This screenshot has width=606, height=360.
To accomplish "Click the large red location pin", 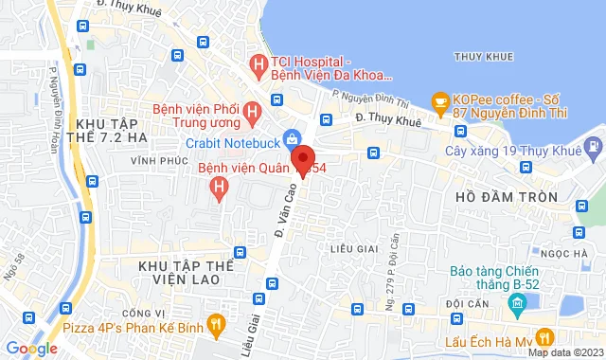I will pos(302,159).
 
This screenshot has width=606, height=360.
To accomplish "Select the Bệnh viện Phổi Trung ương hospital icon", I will pos(252,113).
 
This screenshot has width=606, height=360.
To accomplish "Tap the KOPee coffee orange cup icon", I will pos(438,100).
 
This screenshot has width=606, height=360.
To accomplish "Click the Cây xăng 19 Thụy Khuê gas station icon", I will pos(594,148).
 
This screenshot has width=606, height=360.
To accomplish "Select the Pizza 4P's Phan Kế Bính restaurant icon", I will pos(216,324).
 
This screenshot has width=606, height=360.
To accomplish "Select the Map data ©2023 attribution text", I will pos(564,353).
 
